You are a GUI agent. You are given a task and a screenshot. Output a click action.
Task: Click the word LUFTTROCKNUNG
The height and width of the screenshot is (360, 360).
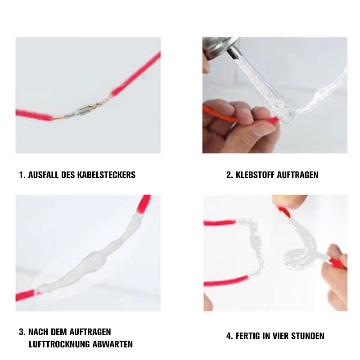[x=59, y=344]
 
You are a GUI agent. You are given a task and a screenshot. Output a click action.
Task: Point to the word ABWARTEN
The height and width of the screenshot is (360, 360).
[x=112, y=344]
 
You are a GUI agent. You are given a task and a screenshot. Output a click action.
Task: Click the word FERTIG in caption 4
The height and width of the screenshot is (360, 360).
[x=247, y=336]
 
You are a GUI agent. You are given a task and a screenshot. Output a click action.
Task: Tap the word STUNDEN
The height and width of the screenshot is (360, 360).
[x=308, y=336]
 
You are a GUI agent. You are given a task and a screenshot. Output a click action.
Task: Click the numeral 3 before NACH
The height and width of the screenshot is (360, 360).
[x=22, y=332]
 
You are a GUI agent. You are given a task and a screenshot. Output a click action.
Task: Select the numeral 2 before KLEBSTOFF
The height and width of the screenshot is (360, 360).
[x=229, y=175]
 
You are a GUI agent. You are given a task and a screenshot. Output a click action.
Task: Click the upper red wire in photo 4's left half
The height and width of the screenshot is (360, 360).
[x=220, y=223]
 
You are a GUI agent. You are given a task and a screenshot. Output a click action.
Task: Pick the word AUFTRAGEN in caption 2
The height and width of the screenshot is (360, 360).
[x=298, y=175]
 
